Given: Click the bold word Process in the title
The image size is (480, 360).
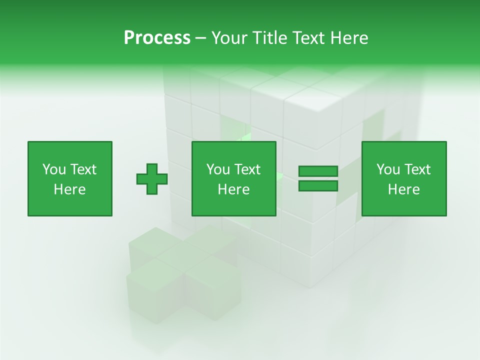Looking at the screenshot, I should point(157,38).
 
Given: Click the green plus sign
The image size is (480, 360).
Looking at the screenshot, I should point(152,178).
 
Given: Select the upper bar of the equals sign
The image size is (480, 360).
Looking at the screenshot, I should point(318,171).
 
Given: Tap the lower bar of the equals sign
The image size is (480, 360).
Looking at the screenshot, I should point(318,186).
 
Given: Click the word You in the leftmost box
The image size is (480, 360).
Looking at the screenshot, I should point(54,169).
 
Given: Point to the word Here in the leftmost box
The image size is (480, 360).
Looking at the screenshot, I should point(69,189).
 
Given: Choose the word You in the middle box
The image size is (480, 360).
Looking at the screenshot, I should point(218,169).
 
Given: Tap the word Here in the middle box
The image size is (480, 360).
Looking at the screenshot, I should point(233,189).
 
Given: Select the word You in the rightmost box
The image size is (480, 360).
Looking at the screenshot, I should point(388,169).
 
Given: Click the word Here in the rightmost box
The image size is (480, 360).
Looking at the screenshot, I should point(403,189).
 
